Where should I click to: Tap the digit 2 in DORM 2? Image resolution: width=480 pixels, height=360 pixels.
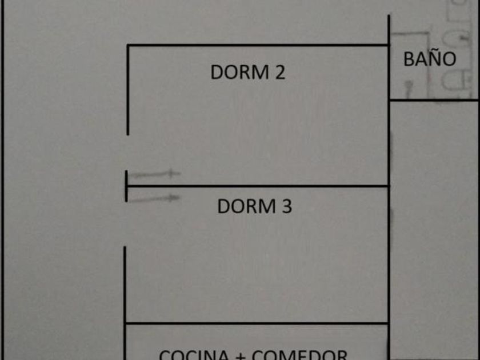pyautogui.click(x=278, y=73)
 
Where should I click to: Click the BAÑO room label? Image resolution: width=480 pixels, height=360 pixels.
pyautogui.click(x=430, y=59)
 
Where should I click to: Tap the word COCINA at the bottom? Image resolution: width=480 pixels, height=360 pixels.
pyautogui.click(x=195, y=354)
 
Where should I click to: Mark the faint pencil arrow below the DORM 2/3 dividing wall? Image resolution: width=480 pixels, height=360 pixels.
pyautogui.click(x=154, y=198)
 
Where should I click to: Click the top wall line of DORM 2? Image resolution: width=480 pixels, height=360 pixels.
pyautogui.click(x=257, y=45)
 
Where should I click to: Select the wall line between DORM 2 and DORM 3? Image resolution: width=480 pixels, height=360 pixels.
pyautogui.click(x=257, y=186)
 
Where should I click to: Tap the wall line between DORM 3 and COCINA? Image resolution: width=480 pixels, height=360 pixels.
pyautogui.click(x=257, y=323)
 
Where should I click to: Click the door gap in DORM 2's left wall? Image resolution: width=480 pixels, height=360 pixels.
pyautogui.click(x=127, y=153)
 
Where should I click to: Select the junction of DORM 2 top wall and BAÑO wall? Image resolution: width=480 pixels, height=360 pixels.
pyautogui.click(x=389, y=45)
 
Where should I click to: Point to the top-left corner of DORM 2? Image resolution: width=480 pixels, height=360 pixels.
pyautogui.click(x=127, y=45)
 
